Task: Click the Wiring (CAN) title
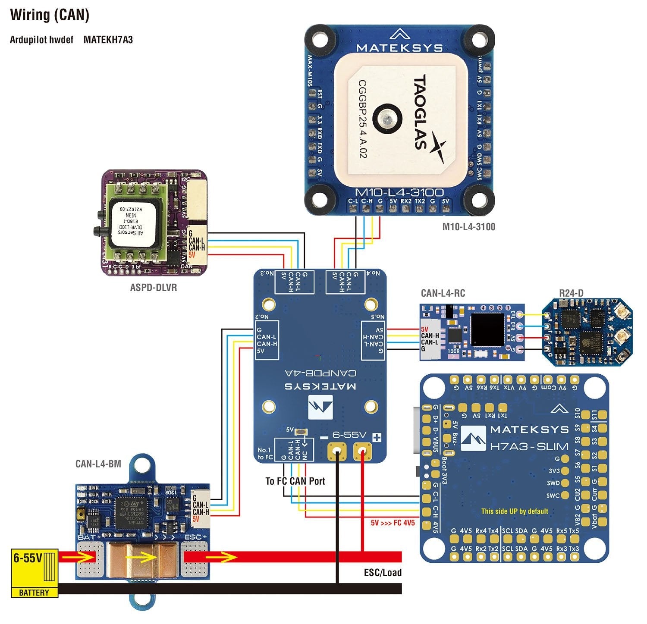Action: coord(50,15)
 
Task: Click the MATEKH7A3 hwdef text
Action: coord(108,40)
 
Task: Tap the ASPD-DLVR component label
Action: coord(153,287)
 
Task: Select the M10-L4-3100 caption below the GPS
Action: coord(468,226)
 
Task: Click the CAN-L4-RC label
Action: coord(443,293)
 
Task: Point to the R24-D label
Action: coord(571,293)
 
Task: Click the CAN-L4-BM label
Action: coord(98,464)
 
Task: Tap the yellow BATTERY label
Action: coord(34,593)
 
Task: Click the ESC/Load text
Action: coord(383,573)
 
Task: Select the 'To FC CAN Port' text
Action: coord(295,481)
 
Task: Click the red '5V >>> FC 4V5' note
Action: coord(393,523)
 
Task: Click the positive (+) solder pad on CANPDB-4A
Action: coord(363,452)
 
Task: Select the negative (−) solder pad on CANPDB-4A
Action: coord(336,452)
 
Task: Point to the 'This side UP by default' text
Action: coord(515,511)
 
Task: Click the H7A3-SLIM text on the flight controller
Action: coord(529,446)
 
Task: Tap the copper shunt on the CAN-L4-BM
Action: coord(142,560)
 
